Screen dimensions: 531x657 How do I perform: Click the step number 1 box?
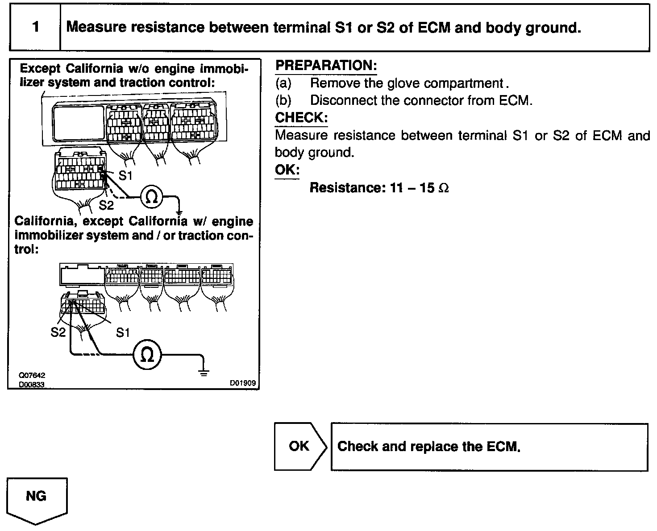pos(35,27)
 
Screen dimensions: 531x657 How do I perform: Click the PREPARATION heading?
pos(326,66)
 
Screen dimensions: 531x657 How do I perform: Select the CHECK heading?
pos(301,118)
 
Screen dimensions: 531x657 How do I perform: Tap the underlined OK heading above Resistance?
pos(287,170)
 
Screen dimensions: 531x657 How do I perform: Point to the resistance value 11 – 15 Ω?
pos(419,188)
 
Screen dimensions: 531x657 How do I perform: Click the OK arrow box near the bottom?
pos(299,446)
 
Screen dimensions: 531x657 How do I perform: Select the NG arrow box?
pos(37,497)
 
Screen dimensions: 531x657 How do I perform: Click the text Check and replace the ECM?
pos(429,447)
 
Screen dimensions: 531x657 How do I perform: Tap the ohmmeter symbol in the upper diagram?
pos(152,197)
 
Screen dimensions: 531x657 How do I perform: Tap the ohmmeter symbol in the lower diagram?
pos(147,354)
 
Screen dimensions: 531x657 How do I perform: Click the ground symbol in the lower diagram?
pos(204,372)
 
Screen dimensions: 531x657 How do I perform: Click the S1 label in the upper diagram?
pos(125,176)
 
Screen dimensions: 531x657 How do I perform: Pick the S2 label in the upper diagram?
pos(106,205)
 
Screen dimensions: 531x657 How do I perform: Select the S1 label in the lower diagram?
pos(123,332)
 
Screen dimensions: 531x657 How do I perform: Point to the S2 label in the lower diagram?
pos(58,332)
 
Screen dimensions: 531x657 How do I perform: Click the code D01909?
pos(243,383)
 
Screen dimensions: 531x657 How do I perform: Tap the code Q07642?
pos(32,376)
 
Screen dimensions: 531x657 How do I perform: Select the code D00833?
pos(32,384)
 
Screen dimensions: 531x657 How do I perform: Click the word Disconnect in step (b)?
pos(342,100)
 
